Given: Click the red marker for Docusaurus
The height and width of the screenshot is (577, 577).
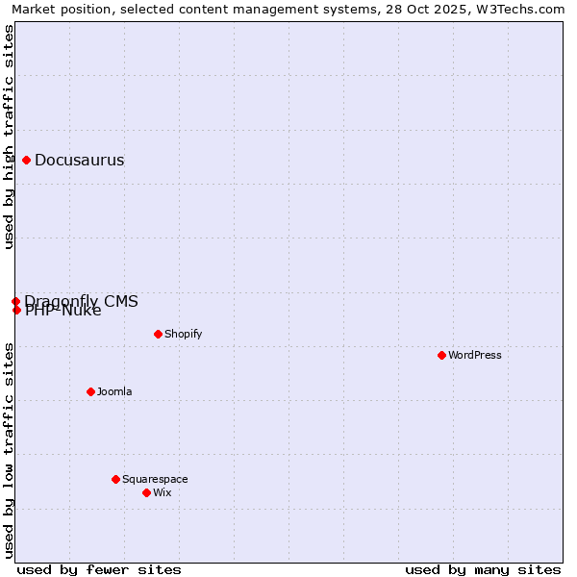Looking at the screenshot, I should pyautogui.click(x=27, y=161).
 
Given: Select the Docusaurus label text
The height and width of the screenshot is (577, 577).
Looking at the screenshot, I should pyautogui.click(x=79, y=161).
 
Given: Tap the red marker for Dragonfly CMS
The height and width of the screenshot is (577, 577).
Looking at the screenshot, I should pyautogui.click(x=16, y=302).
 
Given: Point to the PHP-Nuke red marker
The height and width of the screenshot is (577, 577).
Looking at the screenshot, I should pyautogui.click(x=17, y=310).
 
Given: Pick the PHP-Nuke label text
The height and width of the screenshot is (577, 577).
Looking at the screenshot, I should pyautogui.click(x=63, y=311).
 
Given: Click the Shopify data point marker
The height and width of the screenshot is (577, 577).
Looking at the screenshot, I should pyautogui.click(x=159, y=335).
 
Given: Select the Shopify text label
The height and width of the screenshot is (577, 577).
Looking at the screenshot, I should pyautogui.click(x=183, y=335).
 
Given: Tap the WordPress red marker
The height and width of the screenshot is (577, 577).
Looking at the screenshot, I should pyautogui.click(x=442, y=356).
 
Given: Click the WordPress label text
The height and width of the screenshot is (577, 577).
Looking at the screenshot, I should pyautogui.click(x=474, y=356).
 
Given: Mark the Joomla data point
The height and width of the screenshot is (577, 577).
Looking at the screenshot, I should pyautogui.click(x=91, y=392).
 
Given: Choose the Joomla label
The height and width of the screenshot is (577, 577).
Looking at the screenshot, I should pyautogui.click(x=114, y=392).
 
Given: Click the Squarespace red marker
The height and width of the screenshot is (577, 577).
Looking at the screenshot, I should pyautogui.click(x=116, y=480).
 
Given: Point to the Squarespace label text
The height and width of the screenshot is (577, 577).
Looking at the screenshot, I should pyautogui.click(x=155, y=480).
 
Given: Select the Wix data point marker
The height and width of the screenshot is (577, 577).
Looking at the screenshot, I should pyautogui.click(x=147, y=493).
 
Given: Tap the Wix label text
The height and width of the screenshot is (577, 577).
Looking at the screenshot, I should pyautogui.click(x=162, y=493).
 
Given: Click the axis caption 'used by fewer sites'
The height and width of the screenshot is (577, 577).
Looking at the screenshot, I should pyautogui.click(x=99, y=570).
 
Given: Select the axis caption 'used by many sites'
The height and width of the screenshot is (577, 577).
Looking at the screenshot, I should pyautogui.click(x=483, y=570).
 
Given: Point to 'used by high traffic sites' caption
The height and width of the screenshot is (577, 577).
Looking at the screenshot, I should pyautogui.click(x=10, y=138).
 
